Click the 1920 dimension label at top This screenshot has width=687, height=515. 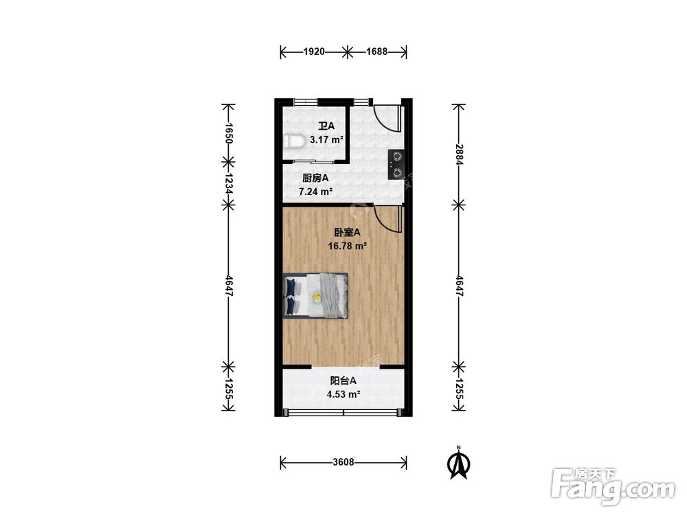point(314,51)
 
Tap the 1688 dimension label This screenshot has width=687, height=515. point(376,51)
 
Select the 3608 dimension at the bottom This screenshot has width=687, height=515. point(343,462)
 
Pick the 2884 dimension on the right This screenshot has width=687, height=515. point(459,154)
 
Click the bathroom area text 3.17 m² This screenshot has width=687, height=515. point(326,140)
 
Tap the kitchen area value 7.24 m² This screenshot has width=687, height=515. point(315,192)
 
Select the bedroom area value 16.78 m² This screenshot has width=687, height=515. point(348,246)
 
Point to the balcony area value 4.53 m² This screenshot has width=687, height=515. point(343,394)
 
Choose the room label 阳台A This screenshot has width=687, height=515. point(343,380)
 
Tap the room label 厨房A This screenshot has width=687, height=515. point(315,179)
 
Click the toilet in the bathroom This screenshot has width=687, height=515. point(294,142)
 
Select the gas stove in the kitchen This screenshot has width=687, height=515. point(396,165)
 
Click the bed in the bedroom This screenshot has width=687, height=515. point(315,295)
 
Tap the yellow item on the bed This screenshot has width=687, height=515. point(317,297)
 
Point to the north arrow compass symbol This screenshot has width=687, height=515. point(459,464)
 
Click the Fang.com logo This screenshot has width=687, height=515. point(613,487)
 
